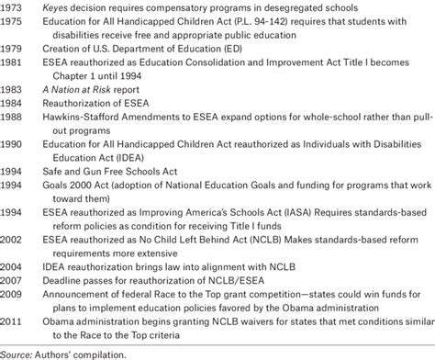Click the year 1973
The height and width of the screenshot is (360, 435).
click(14, 7)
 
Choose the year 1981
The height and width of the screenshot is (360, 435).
click(14, 64)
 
